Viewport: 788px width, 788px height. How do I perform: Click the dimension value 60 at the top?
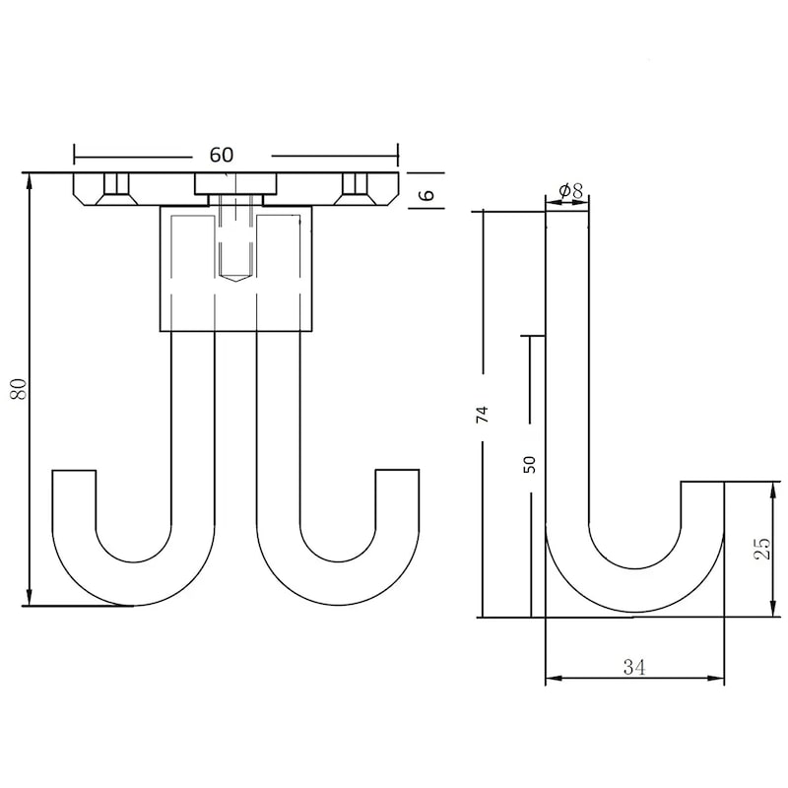coord(222,155)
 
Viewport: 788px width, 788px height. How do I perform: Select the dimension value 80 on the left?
coord(19,389)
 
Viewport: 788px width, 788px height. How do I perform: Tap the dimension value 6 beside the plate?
coord(427,194)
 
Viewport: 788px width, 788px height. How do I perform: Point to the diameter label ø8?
coord(571,191)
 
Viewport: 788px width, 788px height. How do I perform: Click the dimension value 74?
coord(482,414)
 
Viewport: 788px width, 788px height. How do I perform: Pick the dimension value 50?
coord(529,464)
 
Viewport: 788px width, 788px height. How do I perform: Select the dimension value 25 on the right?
coord(761,549)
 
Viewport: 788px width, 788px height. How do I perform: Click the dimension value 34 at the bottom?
coord(633,668)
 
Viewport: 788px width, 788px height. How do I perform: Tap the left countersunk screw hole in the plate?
coord(116,189)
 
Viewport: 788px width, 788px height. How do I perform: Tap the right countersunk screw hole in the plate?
coord(355,189)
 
